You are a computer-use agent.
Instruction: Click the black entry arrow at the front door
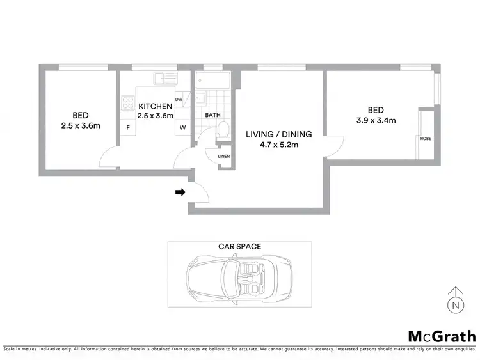181,191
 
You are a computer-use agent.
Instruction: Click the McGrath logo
442,336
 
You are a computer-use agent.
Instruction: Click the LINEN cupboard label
224,156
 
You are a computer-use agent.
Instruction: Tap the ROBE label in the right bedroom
425,138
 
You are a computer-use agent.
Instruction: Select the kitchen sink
164,80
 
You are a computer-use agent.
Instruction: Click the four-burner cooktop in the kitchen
125,103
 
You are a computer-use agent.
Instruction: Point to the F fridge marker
128,128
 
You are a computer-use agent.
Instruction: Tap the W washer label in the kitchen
182,128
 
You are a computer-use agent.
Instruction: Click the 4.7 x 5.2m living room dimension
278,145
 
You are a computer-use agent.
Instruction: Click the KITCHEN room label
156,106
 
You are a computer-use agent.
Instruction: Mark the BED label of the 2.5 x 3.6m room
80,115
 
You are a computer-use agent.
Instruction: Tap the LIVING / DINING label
278,134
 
